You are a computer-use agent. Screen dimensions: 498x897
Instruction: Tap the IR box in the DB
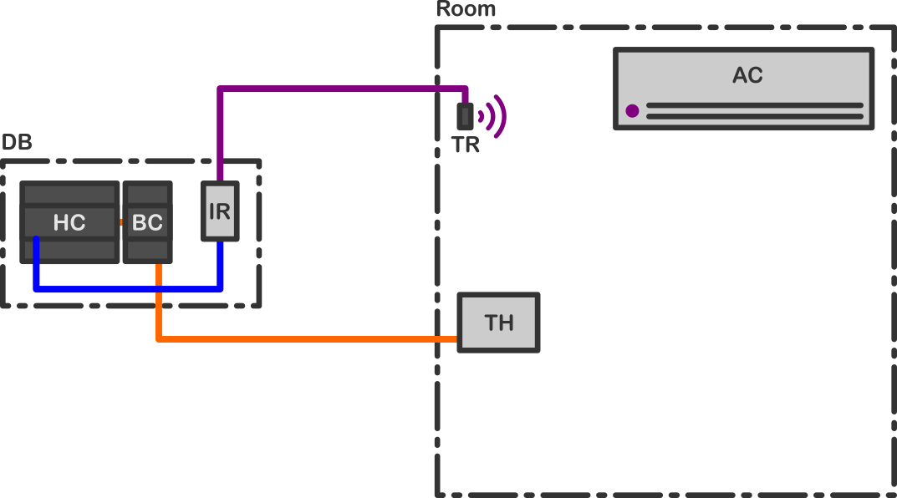[220, 211]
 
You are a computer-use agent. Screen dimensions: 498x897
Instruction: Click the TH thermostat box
[498, 323]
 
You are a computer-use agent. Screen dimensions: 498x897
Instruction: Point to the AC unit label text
[747, 75]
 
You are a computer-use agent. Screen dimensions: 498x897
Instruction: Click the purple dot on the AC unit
[632, 110]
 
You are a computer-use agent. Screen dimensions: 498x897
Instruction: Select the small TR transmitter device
[466, 116]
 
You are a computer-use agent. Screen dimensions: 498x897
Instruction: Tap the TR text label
[466, 145]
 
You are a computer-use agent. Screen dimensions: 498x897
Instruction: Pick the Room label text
[466, 9]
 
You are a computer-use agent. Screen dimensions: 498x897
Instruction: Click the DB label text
[17, 142]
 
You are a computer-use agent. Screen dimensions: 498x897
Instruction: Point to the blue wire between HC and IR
[125, 289]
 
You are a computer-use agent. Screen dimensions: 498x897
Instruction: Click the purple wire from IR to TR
[334, 89]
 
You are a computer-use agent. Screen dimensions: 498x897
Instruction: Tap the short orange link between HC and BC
[121, 222]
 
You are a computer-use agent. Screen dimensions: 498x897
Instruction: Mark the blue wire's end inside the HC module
[36, 241]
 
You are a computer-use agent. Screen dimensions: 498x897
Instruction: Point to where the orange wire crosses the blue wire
[158, 289]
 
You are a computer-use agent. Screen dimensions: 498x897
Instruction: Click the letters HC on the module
[69, 223]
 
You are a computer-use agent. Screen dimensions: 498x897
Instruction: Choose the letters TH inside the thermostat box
[499, 323]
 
